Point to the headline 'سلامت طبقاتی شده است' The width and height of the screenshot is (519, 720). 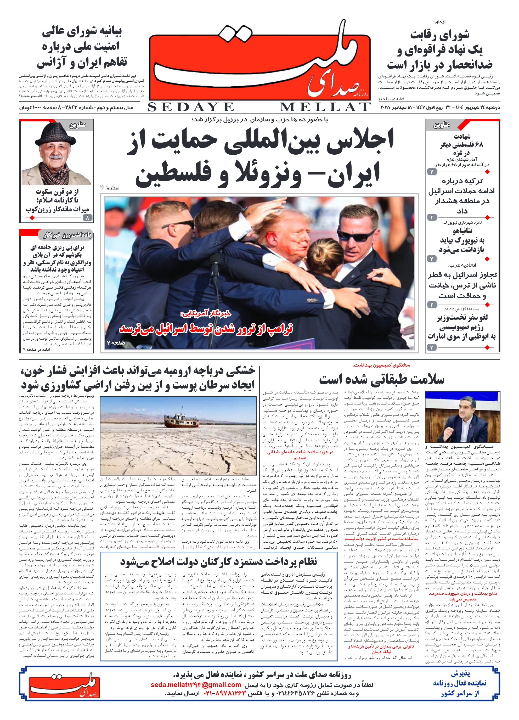click(x=382, y=379)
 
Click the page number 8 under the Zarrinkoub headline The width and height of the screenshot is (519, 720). click(x=87, y=218)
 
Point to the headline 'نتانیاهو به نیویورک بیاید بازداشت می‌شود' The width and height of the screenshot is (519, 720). click(x=462, y=240)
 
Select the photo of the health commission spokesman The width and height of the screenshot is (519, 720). click(x=462, y=417)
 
